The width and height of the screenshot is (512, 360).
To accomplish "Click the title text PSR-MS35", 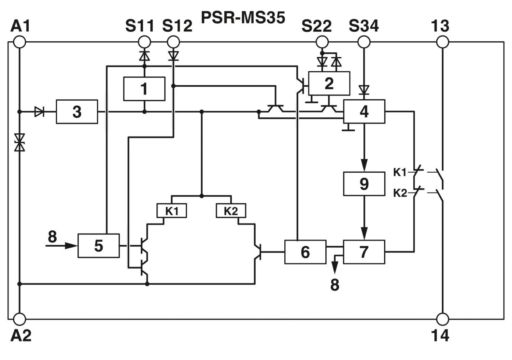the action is click(x=243, y=18).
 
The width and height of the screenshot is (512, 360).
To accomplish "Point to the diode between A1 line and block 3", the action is click(x=39, y=112).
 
